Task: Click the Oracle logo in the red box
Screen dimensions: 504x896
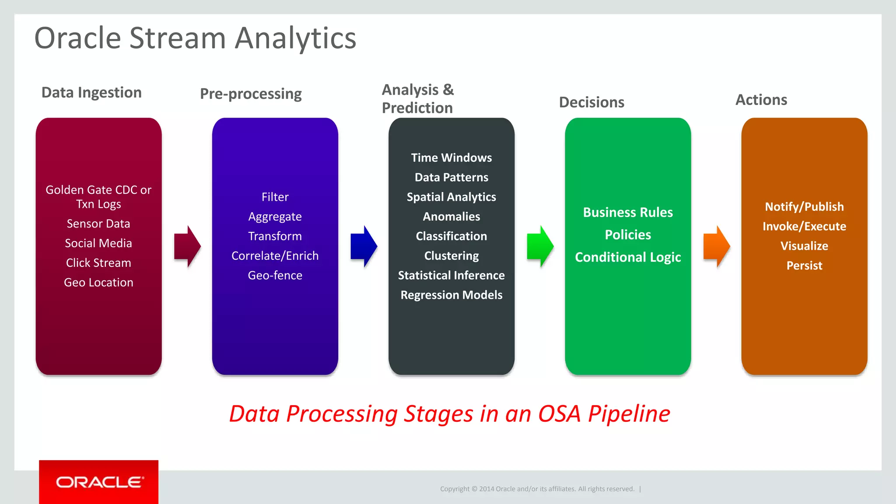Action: pyautogui.click(x=99, y=482)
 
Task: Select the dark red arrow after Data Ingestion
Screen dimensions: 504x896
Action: pyautogui.click(x=187, y=246)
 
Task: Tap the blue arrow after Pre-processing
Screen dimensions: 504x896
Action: pyautogui.click(x=364, y=246)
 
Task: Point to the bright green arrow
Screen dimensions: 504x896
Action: pyautogui.click(x=540, y=246)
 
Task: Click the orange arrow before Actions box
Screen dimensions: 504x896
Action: pyautogui.click(x=717, y=246)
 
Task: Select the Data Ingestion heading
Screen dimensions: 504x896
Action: pyautogui.click(x=91, y=93)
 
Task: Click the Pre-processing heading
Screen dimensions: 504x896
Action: pyautogui.click(x=251, y=94)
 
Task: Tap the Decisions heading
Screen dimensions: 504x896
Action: pyautogui.click(x=591, y=102)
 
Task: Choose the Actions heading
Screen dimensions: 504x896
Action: pyautogui.click(x=761, y=100)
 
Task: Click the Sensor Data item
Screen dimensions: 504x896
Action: pyautogui.click(x=98, y=224)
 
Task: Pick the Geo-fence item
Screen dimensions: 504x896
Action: pyautogui.click(x=275, y=275)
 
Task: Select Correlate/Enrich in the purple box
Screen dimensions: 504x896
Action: pyautogui.click(x=275, y=255)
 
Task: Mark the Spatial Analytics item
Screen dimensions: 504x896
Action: pyautogui.click(x=451, y=197)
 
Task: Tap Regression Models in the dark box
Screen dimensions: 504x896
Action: pyautogui.click(x=451, y=295)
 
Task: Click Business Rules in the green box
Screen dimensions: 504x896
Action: pyautogui.click(x=628, y=212)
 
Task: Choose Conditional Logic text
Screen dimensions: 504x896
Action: pyautogui.click(x=628, y=257)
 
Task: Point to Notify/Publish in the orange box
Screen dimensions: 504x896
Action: pyautogui.click(x=804, y=206)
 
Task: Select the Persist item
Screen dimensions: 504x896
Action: pyautogui.click(x=804, y=266)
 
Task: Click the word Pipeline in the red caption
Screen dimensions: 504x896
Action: pyautogui.click(x=629, y=414)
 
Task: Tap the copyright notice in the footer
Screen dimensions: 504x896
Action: pyautogui.click(x=537, y=489)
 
